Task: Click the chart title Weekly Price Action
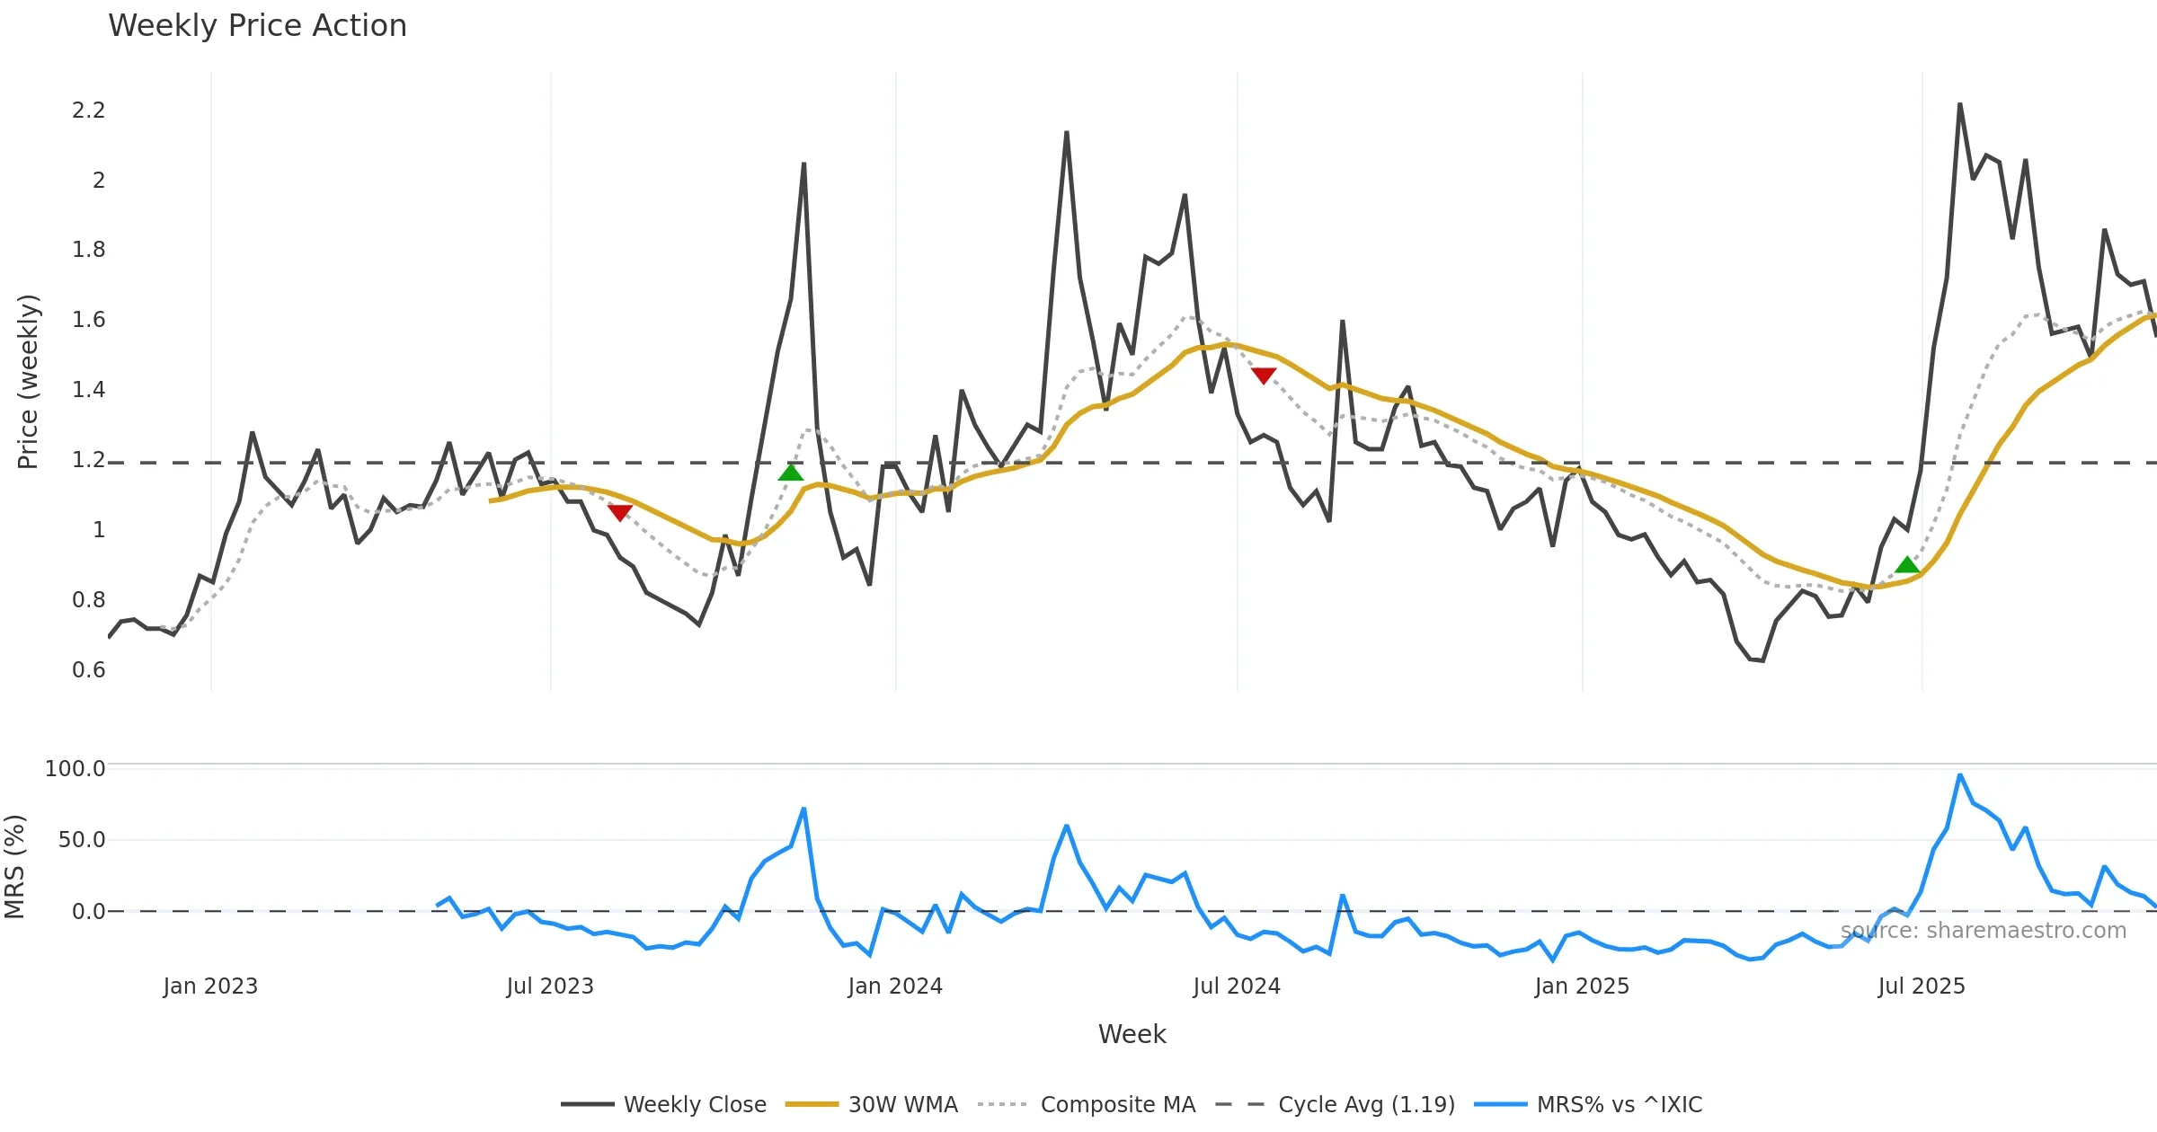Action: click(257, 26)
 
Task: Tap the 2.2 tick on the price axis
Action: click(88, 111)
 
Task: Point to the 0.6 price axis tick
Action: click(88, 670)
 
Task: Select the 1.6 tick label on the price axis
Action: click(88, 320)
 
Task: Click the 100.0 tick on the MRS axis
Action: click(75, 769)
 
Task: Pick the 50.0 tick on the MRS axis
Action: click(81, 840)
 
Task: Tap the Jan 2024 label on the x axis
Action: click(894, 986)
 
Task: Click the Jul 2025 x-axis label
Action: click(1921, 986)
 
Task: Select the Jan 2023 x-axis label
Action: click(210, 986)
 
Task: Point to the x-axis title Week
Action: click(1132, 1034)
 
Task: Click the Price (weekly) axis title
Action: click(28, 382)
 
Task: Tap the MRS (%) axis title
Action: click(14, 867)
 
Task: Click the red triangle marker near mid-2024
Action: click(1263, 375)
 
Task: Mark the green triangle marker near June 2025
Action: click(1907, 565)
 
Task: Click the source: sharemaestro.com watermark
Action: click(1983, 931)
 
